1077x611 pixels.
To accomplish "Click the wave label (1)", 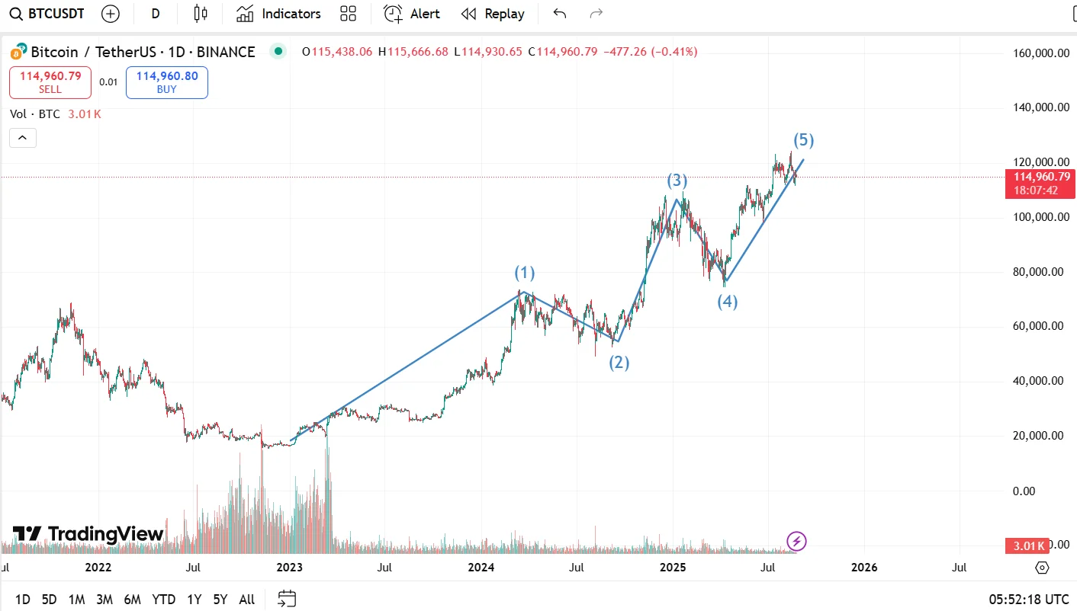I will click(x=524, y=273).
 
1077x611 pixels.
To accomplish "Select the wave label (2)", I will click(x=619, y=363).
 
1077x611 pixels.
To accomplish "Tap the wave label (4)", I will click(x=727, y=302).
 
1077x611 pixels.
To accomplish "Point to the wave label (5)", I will click(x=803, y=140).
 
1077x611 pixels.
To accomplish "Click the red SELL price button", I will click(x=50, y=82).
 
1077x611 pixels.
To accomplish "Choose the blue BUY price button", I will click(x=166, y=82).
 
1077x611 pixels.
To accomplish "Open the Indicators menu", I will click(x=278, y=14).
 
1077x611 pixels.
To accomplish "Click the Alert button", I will click(x=412, y=14).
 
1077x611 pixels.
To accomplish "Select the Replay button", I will click(x=493, y=14).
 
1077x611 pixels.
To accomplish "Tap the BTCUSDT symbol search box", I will click(x=47, y=14).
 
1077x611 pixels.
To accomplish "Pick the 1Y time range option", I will click(x=194, y=600).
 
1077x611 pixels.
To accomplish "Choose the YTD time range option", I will click(x=163, y=600).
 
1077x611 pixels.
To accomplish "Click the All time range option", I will click(x=246, y=600).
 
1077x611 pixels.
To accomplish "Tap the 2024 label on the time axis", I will click(x=481, y=568).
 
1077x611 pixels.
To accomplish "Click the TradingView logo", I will click(x=88, y=534).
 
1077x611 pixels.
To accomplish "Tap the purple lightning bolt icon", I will click(x=796, y=542).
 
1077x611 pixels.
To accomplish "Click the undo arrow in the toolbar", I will click(x=560, y=14).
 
